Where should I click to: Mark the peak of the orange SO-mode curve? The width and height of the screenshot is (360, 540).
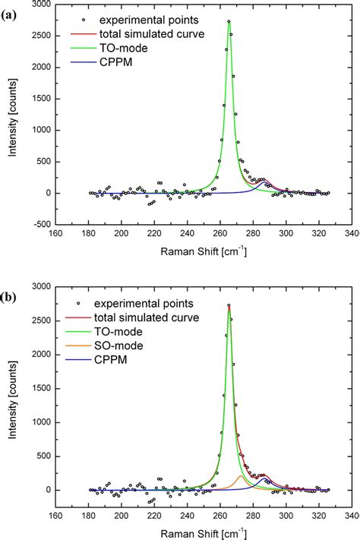point(241,475)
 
